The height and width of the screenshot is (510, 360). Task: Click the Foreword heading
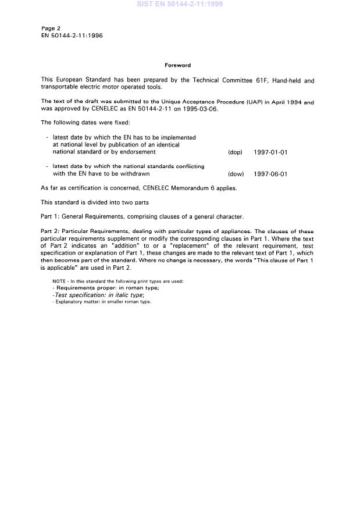point(177,65)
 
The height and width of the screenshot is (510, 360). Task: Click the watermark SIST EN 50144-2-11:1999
point(179,4)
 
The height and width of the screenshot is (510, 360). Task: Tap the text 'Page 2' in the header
point(51,28)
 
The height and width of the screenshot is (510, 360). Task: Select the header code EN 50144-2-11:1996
point(72,35)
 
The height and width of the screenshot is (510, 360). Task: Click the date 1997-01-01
point(270,152)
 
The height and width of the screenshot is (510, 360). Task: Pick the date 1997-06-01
point(270,174)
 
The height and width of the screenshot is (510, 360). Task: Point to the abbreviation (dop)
point(235,152)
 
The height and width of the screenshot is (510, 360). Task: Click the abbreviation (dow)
point(236,174)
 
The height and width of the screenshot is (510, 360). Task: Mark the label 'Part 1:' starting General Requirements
point(51,216)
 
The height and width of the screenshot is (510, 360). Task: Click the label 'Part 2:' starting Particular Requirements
point(51,231)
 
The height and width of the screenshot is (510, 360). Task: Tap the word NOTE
point(59,281)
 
